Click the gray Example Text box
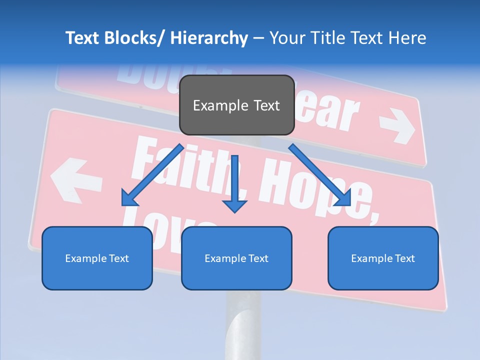(236, 105)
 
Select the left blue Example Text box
(97, 258)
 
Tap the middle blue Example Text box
(236, 258)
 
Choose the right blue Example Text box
(383, 258)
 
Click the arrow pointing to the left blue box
(152, 174)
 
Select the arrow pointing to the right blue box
(320, 174)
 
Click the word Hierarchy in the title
(209, 38)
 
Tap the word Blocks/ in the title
(132, 38)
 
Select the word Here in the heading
(407, 38)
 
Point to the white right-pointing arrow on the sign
(397, 129)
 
